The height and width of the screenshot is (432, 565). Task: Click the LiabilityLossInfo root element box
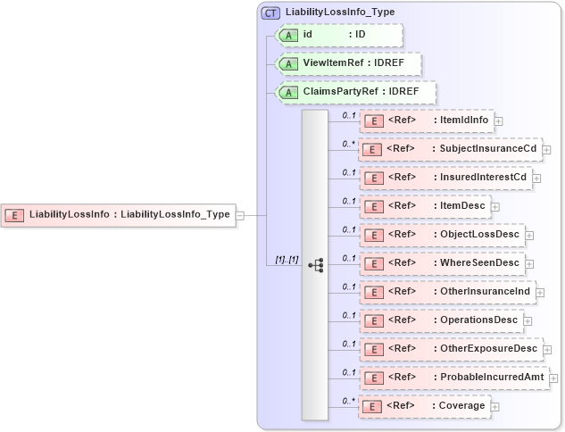pyautogui.click(x=119, y=214)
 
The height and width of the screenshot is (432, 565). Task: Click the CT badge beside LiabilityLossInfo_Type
pyautogui.click(x=270, y=12)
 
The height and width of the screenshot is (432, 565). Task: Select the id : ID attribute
pyautogui.click(x=339, y=35)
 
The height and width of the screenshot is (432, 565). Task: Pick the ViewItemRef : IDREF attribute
pyautogui.click(x=348, y=64)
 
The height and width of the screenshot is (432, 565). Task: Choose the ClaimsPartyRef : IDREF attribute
pyautogui.click(x=355, y=92)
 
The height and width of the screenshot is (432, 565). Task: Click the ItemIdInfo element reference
pyautogui.click(x=427, y=120)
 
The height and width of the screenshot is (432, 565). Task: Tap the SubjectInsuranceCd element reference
pyautogui.click(x=450, y=149)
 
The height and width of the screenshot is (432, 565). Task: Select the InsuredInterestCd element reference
pyautogui.click(x=445, y=178)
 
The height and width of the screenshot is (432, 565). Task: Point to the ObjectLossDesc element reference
pyautogui.click(x=442, y=235)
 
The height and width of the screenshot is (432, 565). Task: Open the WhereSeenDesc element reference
pyautogui.click(x=441, y=263)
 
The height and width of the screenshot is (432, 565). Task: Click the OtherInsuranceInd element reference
pyautogui.click(x=446, y=292)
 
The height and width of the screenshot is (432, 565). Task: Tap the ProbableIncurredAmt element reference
pyautogui.click(x=453, y=378)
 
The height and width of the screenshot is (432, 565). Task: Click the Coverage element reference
pyautogui.click(x=424, y=406)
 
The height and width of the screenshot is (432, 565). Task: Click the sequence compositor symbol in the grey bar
pyautogui.click(x=315, y=265)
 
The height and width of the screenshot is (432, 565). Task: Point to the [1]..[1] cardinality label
pyautogui.click(x=287, y=259)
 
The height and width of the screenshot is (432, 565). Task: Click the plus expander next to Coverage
pyautogui.click(x=494, y=406)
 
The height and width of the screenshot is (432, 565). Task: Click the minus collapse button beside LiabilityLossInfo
pyautogui.click(x=239, y=214)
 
